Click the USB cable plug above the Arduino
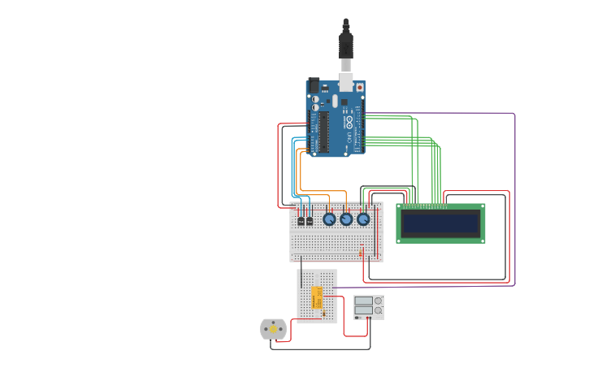pos(346,45)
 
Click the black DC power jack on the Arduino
pos(314,84)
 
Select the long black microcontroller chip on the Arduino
pos(324,132)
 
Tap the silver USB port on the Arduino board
pos(346,81)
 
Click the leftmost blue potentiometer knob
pos(329,219)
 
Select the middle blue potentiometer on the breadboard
pos(346,219)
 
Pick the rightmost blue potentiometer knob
pos(363,219)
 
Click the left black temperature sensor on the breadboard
pos(301,220)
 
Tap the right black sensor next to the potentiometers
pos(310,220)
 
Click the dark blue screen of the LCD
pos(440,223)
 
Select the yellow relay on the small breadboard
pos(317,297)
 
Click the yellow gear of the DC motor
pos(274,328)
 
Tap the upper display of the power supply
pos(363,301)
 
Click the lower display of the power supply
pos(363,310)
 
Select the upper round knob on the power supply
pos(378,301)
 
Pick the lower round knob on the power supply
pos(378,310)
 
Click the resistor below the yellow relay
pos(323,313)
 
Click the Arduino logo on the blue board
pos(349,123)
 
